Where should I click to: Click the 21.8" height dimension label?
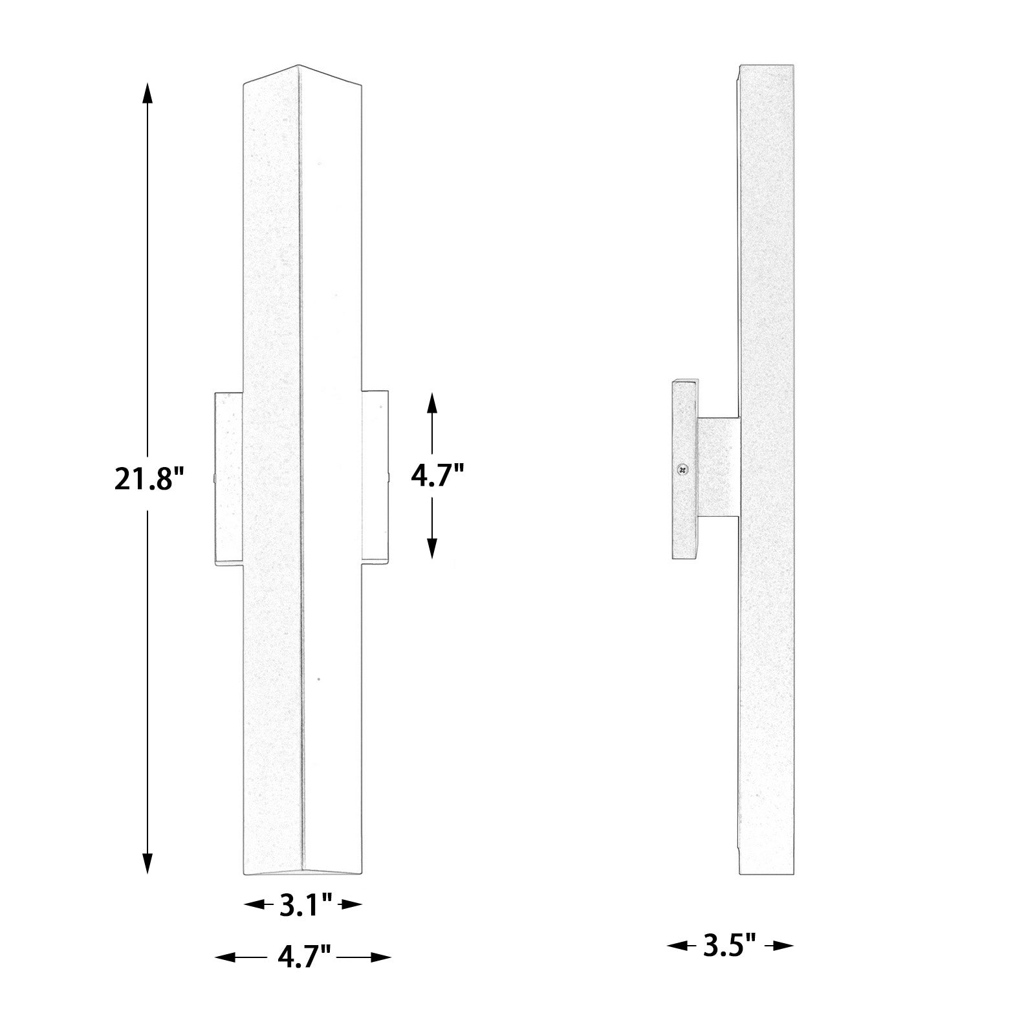(149, 479)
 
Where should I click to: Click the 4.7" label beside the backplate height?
(438, 477)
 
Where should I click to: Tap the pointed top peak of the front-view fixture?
(298, 67)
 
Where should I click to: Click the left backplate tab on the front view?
(228, 479)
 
